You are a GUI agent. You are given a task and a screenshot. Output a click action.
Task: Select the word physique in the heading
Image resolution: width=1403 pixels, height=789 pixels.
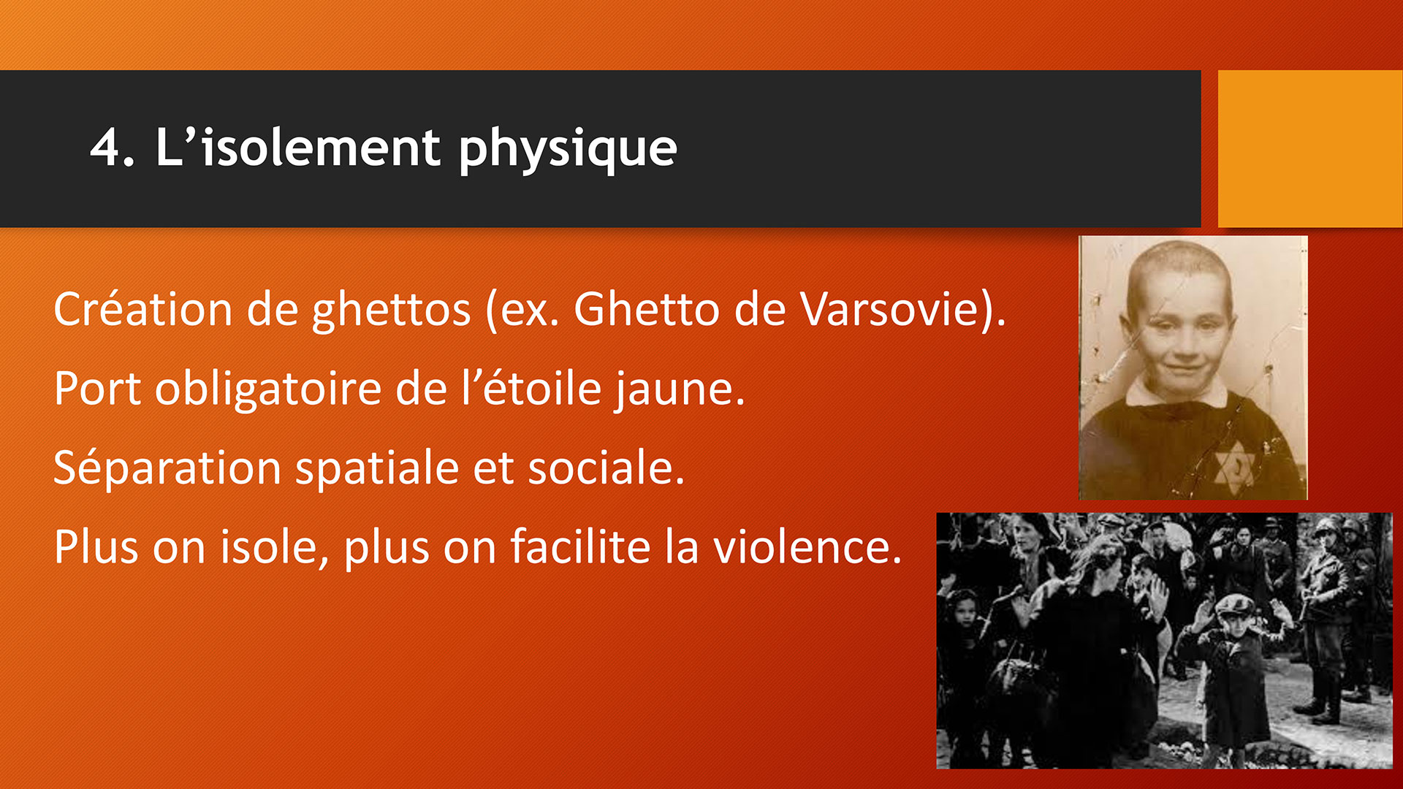click(568, 149)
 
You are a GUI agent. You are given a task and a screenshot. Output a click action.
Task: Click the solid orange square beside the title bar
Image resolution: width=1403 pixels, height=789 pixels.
click(1310, 148)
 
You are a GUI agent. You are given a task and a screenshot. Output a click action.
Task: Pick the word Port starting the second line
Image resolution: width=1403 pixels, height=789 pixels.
click(97, 389)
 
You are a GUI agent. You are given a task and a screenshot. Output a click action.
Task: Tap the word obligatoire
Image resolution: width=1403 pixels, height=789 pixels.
click(268, 390)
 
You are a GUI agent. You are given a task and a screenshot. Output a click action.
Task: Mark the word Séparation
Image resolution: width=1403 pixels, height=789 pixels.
click(167, 469)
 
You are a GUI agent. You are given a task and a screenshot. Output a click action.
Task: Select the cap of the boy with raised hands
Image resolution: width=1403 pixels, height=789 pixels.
click(1235, 603)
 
